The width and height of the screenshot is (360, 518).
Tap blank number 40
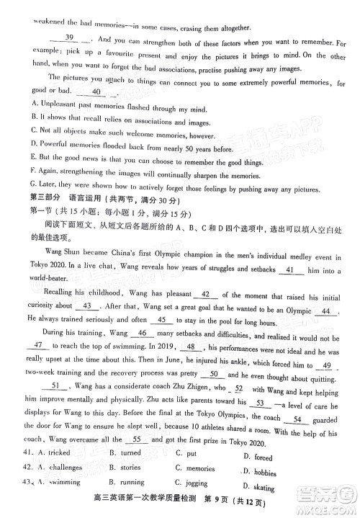point(98,91)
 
